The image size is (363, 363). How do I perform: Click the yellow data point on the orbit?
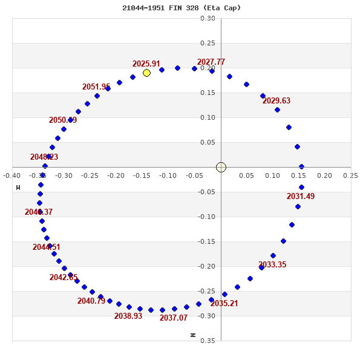click(x=146, y=73)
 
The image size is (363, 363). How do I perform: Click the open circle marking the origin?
click(x=221, y=167)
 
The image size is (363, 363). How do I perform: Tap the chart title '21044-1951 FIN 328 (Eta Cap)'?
click(x=181, y=8)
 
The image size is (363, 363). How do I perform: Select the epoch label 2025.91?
click(x=146, y=64)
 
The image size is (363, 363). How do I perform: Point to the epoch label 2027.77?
click(x=211, y=62)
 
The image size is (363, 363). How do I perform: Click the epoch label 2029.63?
click(x=276, y=100)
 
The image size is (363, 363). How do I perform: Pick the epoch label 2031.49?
click(x=301, y=196)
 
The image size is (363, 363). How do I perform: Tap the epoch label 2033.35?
click(x=272, y=264)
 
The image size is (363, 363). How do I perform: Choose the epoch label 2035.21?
click(x=224, y=303)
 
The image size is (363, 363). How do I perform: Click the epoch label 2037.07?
click(x=174, y=318)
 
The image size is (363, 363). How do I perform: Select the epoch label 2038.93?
click(x=128, y=316)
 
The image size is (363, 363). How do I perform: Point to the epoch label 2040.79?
click(x=91, y=301)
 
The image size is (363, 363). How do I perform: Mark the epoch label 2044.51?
click(x=47, y=247)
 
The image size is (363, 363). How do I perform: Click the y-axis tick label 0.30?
click(x=208, y=18)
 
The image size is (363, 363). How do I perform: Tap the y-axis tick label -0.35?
click(x=206, y=341)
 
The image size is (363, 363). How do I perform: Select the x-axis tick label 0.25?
click(x=350, y=175)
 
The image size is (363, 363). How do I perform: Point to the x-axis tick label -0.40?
click(x=12, y=175)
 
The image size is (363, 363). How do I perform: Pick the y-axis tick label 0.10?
click(x=208, y=117)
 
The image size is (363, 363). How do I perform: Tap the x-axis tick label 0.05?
click(x=247, y=175)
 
